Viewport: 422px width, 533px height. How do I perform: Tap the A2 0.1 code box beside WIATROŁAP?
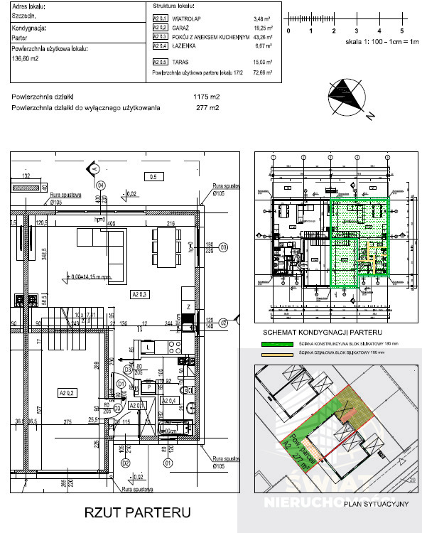pyautogui.click(x=161, y=18)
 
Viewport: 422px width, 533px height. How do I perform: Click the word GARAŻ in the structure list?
pyautogui.click(x=183, y=27)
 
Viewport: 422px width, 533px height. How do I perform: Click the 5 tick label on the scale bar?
pyautogui.click(x=402, y=31)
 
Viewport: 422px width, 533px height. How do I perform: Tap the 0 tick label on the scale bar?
pyautogui.click(x=288, y=31)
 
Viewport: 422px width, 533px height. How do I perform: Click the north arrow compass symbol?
pyautogui.click(x=346, y=96)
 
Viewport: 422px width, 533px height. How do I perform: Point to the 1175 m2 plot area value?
pyautogui.click(x=207, y=97)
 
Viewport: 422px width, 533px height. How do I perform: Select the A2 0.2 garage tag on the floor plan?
pyautogui.click(x=68, y=392)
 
